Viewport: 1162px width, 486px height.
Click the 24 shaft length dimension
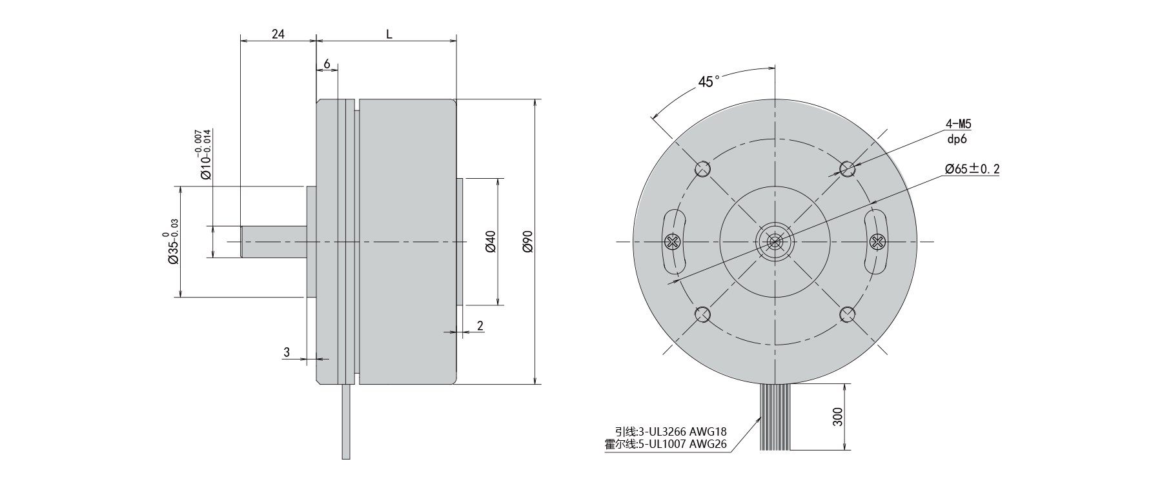[x=278, y=34]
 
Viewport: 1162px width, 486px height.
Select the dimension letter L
[x=389, y=34]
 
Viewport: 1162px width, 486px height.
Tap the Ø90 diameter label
[x=527, y=241]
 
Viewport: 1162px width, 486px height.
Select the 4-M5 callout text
[x=958, y=123]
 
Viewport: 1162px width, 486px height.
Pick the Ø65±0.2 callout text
[x=972, y=169]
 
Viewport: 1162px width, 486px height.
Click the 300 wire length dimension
[x=837, y=418]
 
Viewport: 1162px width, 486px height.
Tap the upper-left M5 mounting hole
[x=702, y=169]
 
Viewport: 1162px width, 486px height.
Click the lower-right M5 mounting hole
[x=847, y=314]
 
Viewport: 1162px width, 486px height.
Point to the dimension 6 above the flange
[x=327, y=64]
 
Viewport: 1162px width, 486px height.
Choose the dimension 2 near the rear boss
[x=480, y=325]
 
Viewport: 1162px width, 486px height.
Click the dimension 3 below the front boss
[x=287, y=352]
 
